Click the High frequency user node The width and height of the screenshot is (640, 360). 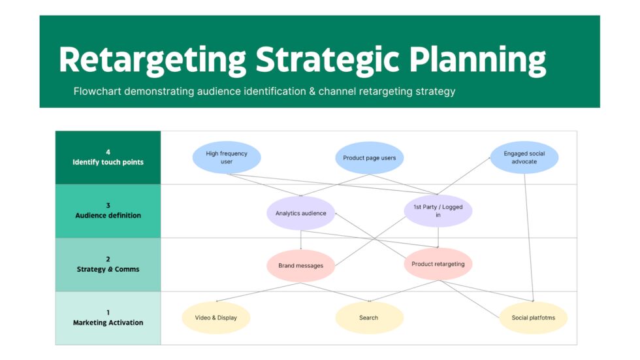(227, 157)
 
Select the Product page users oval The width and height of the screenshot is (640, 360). (369, 157)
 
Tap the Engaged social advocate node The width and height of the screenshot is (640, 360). (524, 157)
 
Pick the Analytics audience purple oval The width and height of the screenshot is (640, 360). (300, 213)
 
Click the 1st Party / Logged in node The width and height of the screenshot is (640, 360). (438, 210)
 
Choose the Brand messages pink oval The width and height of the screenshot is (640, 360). (300, 266)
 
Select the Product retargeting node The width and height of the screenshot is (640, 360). (438, 264)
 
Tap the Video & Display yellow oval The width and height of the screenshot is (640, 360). (216, 318)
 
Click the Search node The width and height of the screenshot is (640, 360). (368, 318)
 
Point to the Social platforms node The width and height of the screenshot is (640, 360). (533, 318)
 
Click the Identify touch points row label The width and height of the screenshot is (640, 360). (108, 162)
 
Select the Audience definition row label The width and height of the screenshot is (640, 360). (108, 216)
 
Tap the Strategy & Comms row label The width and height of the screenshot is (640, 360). (108, 269)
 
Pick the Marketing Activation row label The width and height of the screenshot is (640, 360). (108, 323)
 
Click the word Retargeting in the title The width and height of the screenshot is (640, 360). (152, 60)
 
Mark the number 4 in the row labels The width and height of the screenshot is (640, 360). (108, 152)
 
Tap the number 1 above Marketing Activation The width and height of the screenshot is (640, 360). (108, 312)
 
